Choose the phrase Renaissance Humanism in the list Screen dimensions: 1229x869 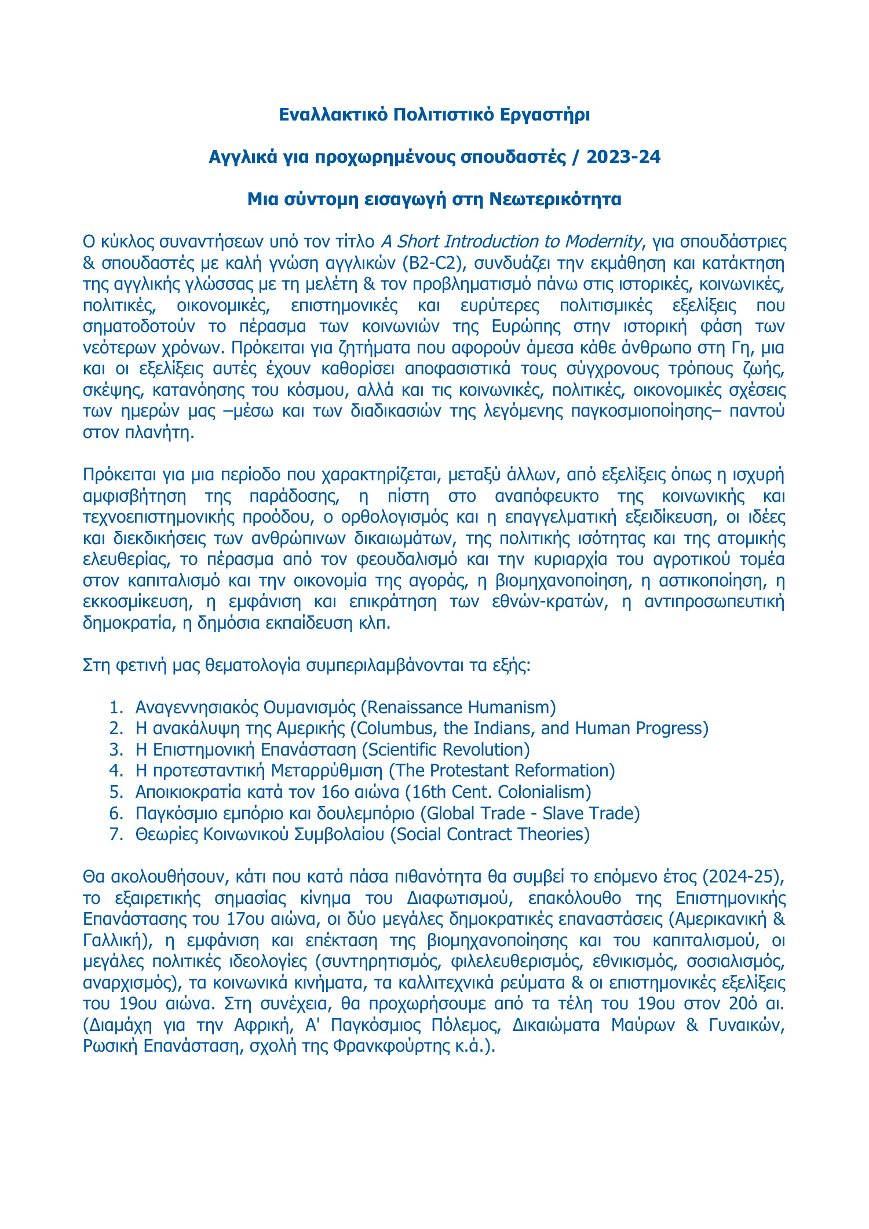click(x=458, y=707)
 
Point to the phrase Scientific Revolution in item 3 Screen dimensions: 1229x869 click(x=446, y=749)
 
